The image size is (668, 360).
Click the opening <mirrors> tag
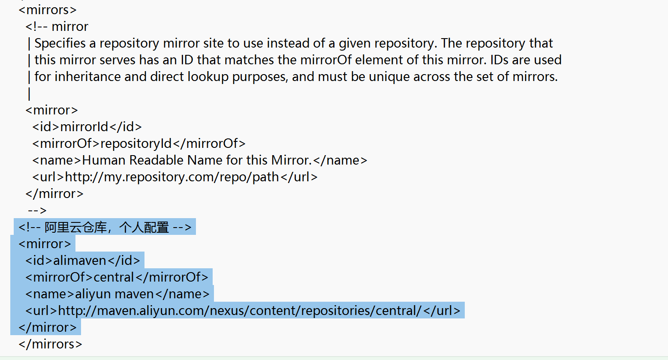pyautogui.click(x=48, y=10)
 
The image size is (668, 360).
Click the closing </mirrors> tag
pyautogui.click(x=50, y=344)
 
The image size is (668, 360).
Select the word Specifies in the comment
pyautogui.click(x=60, y=43)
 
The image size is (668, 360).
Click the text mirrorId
pyautogui.click(x=84, y=127)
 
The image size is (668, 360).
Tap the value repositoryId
pyautogui.click(x=136, y=144)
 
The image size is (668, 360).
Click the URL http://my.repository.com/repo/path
pyautogui.click(x=172, y=177)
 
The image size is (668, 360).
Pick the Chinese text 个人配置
pyautogui.click(x=144, y=227)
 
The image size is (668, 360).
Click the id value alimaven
pyautogui.click(x=80, y=261)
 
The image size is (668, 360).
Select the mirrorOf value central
pyautogui.click(x=114, y=277)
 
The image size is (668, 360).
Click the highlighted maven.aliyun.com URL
pyautogui.click(x=240, y=311)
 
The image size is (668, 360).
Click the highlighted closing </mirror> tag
pyautogui.click(x=48, y=327)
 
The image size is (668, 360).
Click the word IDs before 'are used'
pyautogui.click(x=499, y=60)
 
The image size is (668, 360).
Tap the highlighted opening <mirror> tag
pyautogui.click(x=45, y=244)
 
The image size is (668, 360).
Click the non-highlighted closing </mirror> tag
pyautogui.click(x=54, y=194)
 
